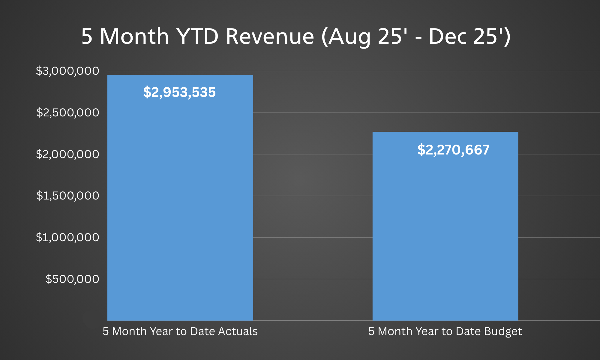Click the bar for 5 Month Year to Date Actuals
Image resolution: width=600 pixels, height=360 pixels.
point(180,210)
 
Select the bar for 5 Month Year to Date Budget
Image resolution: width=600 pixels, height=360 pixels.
point(445,234)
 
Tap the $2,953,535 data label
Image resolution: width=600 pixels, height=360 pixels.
point(179,92)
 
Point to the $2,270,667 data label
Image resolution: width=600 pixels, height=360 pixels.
point(453,150)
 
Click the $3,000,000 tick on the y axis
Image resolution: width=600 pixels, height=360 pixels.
point(67,71)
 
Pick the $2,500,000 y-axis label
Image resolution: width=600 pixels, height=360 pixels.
point(67,113)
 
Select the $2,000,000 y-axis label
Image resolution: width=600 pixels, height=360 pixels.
point(67,154)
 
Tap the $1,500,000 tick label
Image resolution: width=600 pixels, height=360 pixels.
point(67,196)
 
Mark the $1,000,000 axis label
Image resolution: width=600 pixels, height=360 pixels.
point(67,238)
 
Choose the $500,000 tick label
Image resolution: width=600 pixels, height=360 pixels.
point(72,279)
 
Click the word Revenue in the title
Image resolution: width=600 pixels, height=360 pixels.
point(269,37)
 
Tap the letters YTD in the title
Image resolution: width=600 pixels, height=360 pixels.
point(197,37)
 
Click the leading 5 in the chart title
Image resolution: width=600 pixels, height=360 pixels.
point(87,37)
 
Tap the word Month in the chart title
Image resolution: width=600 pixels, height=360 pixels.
point(134,37)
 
